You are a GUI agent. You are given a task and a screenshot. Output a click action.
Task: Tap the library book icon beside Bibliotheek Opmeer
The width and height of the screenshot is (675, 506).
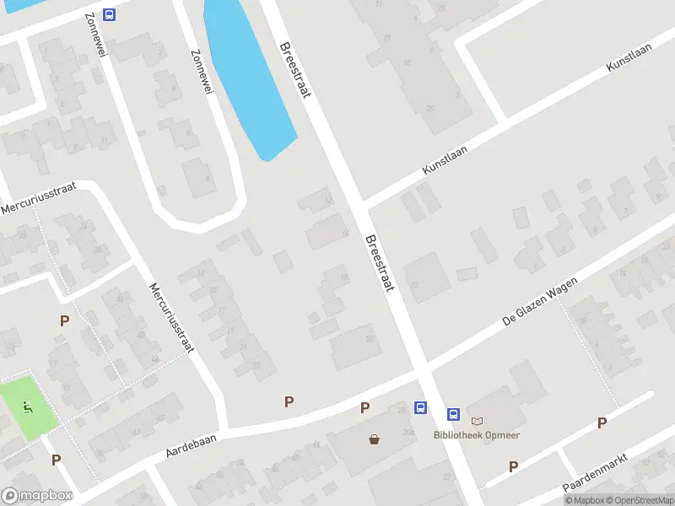tap(478, 420)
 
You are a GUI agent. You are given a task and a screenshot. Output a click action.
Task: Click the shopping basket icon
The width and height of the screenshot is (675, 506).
tap(374, 439)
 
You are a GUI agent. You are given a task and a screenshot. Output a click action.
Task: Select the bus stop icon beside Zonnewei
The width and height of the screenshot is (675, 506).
tap(109, 14)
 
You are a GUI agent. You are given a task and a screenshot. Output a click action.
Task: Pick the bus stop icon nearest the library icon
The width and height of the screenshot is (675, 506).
tap(453, 414)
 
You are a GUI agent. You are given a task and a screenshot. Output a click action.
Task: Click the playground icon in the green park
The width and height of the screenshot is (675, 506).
tap(28, 408)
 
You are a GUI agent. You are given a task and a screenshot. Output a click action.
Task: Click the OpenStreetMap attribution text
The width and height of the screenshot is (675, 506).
tap(639, 501)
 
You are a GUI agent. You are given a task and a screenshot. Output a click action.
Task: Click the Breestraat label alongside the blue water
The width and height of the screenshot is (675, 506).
tap(296, 70)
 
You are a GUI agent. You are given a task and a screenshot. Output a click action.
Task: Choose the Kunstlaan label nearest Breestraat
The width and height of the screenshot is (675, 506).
tap(445, 159)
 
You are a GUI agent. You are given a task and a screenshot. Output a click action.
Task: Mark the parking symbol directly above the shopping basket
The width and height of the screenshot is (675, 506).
tap(365, 408)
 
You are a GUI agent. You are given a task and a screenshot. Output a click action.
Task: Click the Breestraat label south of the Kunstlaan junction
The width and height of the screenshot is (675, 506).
tap(380, 262)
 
